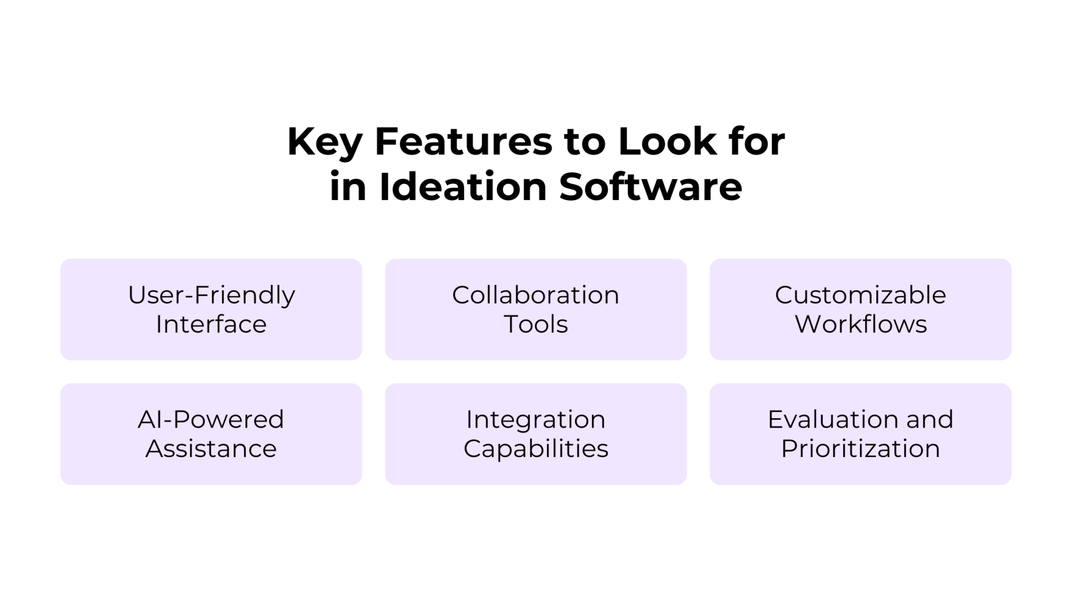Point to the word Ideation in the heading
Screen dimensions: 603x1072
point(463,187)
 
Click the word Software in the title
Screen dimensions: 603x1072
point(651,187)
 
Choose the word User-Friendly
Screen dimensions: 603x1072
point(211,295)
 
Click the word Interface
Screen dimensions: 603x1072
point(211,325)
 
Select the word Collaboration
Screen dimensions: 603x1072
point(535,295)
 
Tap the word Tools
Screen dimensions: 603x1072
point(535,325)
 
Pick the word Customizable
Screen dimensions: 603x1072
point(861,295)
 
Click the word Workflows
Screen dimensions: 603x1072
point(861,325)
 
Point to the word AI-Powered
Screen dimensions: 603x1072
point(211,420)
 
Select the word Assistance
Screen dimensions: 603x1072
point(211,449)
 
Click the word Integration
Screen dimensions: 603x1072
point(535,420)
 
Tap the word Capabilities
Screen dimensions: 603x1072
point(535,449)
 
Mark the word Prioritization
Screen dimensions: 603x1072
point(861,449)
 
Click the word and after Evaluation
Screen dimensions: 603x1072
point(930,420)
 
